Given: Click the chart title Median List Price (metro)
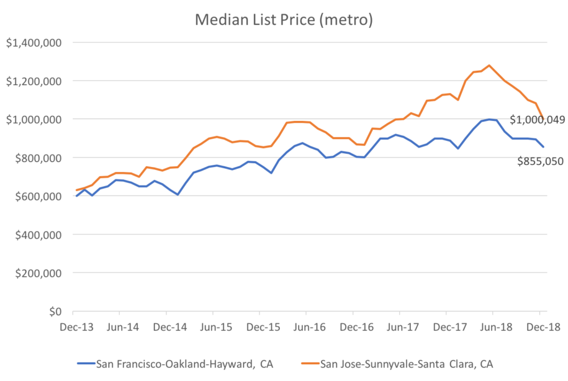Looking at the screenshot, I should [x=284, y=19].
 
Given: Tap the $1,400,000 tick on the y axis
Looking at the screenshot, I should [x=32, y=43].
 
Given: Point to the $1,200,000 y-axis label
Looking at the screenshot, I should [x=32, y=81].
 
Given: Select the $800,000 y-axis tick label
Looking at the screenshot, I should [x=37, y=158].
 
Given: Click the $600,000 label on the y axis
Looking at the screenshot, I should [x=37, y=196].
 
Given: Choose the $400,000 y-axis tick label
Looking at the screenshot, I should [x=37, y=235].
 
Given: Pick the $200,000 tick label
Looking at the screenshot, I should [x=37, y=273].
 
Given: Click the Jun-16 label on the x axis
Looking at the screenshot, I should [x=306, y=326].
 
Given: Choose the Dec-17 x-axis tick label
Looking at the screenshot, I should [x=446, y=326].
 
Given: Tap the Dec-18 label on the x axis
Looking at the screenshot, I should [x=539, y=326].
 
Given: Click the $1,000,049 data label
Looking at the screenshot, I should [x=538, y=120].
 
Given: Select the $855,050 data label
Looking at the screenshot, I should [x=540, y=161].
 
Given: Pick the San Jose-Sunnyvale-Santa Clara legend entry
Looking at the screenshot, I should [x=407, y=362].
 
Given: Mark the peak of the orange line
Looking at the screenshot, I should [x=490, y=65].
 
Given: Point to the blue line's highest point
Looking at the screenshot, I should [x=489, y=119].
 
